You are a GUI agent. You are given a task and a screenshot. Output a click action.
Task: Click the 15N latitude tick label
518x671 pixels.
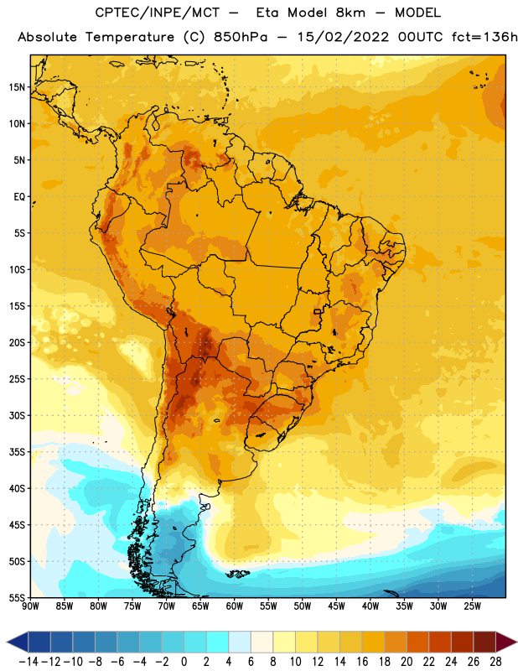pyautogui.click(x=17, y=87)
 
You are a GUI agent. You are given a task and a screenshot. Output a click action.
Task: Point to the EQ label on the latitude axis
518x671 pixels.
pyautogui.click(x=19, y=197)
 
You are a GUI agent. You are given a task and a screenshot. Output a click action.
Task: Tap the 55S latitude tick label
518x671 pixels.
pyautogui.click(x=17, y=597)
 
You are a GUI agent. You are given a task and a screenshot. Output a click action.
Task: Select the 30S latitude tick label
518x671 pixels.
pyautogui.click(x=17, y=415)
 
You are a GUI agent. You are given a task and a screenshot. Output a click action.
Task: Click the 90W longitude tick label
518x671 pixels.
pyautogui.click(x=30, y=606)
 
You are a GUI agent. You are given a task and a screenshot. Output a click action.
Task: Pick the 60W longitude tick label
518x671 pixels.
pyautogui.click(x=235, y=606)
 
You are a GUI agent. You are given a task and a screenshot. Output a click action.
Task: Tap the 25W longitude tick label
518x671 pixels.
pyautogui.click(x=472, y=606)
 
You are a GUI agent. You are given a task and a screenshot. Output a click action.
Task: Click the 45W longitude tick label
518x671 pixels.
pyautogui.click(x=336, y=606)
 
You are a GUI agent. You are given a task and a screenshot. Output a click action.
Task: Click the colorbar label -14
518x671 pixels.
pyautogui.click(x=28, y=662)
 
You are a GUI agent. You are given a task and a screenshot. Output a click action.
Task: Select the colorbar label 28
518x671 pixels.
pyautogui.click(x=495, y=662)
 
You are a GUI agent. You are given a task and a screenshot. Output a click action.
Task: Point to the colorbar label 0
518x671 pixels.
pyautogui.click(x=184, y=662)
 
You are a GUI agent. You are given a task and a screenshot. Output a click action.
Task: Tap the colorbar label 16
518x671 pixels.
pyautogui.click(x=362, y=662)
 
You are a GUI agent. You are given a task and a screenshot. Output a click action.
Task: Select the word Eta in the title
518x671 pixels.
pyautogui.click(x=267, y=13)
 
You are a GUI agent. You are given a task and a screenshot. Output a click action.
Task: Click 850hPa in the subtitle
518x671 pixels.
pyautogui.click(x=241, y=37)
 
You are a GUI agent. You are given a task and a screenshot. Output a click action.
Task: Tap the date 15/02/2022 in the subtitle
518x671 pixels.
pyautogui.click(x=343, y=37)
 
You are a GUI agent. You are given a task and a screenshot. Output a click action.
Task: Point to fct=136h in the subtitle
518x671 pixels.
pyautogui.click(x=484, y=37)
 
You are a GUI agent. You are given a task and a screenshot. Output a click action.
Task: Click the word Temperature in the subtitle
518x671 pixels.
pyautogui.click(x=130, y=37)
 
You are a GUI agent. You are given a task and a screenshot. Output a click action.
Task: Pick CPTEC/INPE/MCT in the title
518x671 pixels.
pyautogui.click(x=158, y=13)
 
